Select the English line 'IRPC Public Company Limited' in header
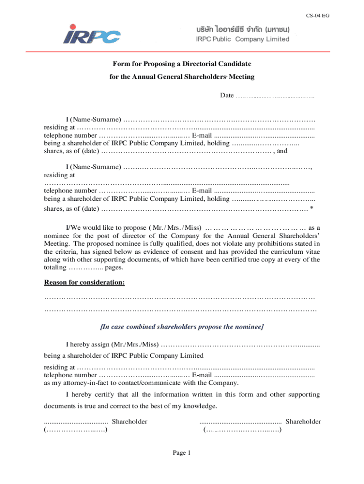(243, 39)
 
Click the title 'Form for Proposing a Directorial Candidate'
(182, 64)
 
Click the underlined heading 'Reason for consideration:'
(85, 283)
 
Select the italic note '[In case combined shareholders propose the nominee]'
(182, 327)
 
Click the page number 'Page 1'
(182, 453)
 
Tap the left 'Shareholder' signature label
(129, 421)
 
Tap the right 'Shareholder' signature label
(303, 421)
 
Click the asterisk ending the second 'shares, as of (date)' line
(312, 208)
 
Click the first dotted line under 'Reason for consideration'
(180, 298)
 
